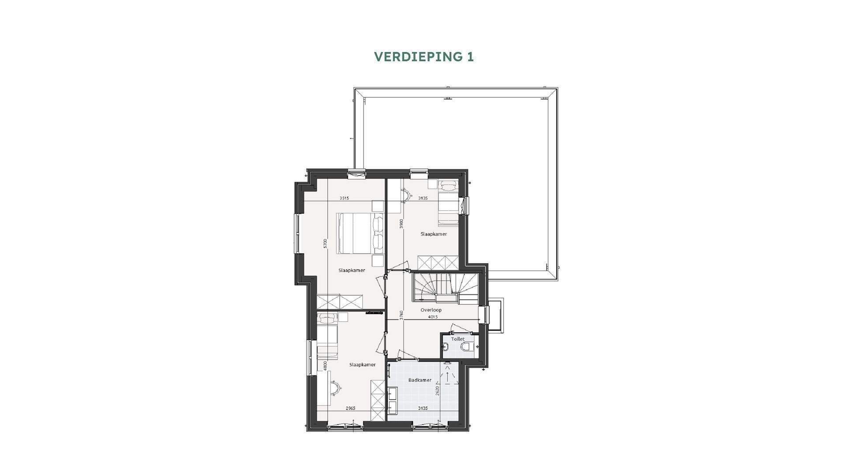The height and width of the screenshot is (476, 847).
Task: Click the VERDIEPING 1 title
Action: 423,57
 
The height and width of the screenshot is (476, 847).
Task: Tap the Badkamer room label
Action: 420,380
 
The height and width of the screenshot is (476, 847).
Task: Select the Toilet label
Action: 458,339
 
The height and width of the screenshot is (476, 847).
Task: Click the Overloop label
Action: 431,310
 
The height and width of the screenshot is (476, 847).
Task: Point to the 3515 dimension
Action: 344,198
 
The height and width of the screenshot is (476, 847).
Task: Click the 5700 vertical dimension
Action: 325,243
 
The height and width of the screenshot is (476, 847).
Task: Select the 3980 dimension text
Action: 401,223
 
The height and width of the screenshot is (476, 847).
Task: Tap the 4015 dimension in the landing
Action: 432,316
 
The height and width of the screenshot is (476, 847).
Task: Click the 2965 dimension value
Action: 350,408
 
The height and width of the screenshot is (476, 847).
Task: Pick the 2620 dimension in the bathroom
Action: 437,390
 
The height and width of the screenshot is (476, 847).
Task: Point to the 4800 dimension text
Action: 325,365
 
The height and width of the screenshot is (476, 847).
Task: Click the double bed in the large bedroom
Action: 360,234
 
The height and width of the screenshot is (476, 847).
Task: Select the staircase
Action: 445,287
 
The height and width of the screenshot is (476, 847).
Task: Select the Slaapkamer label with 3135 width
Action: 433,234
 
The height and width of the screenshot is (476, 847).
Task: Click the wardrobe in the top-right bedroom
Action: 438,263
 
